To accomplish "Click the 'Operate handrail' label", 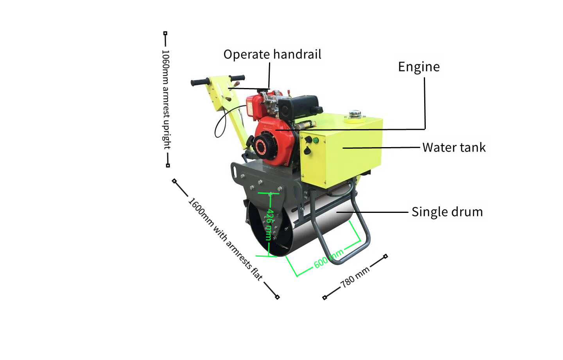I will click(272, 54).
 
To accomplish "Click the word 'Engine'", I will click(419, 67).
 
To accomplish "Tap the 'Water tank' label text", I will click(454, 148).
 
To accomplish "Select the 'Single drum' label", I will click(447, 212).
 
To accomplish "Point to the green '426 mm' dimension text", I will click(269, 224).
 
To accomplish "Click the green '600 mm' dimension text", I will click(328, 258).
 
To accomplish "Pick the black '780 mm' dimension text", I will click(355, 277).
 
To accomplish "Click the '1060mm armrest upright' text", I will click(166, 99).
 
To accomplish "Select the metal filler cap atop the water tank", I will click(355, 114).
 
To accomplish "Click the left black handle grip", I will click(199, 82).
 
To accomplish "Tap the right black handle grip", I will click(237, 77).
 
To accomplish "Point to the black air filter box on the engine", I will click(299, 105).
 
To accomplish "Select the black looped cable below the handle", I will click(220, 125).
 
